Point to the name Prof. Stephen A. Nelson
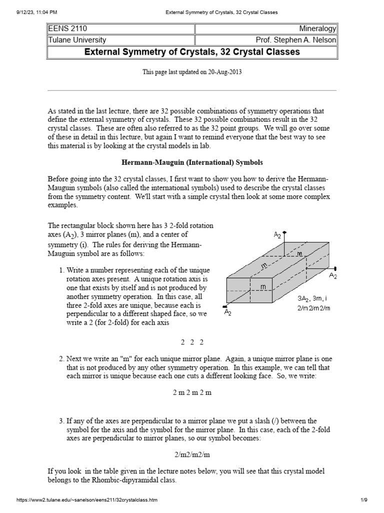295,41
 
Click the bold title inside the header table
192,52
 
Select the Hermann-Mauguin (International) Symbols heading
192,163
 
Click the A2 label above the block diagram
277,234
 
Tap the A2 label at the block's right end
333,275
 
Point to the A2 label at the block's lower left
227,312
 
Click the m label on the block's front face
263,286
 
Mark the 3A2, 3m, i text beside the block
311,298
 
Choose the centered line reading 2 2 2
192,342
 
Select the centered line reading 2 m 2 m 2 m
192,392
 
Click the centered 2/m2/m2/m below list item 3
192,454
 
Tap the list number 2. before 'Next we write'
61,359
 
